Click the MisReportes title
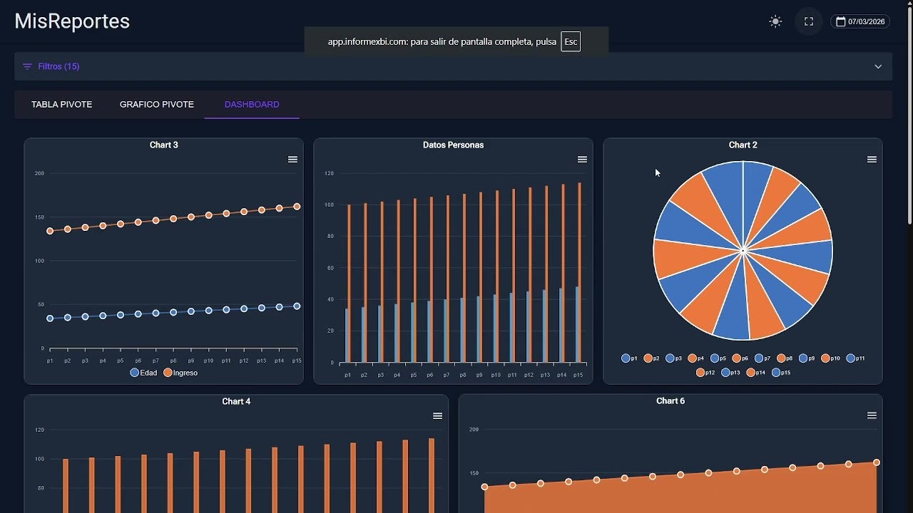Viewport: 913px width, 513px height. coord(72,21)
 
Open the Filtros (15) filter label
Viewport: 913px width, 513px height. coord(58,66)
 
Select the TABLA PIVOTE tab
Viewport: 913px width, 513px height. coord(61,104)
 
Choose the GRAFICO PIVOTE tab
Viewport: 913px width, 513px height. coord(157,104)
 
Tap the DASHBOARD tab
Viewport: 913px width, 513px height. coord(252,104)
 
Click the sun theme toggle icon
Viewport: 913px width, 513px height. coord(775,21)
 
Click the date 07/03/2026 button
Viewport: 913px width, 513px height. coord(860,21)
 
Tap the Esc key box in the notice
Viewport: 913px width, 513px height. coord(571,42)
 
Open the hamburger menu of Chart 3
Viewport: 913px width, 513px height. coord(292,160)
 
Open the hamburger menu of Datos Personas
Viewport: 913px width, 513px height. coord(582,160)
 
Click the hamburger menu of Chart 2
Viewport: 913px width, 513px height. coord(872,160)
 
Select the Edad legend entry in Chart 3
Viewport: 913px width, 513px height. coord(144,373)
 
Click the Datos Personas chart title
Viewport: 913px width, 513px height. coord(453,145)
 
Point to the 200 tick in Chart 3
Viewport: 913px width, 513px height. coord(39,173)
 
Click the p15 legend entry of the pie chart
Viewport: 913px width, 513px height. coord(781,373)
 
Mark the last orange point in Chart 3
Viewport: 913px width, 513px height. coord(297,207)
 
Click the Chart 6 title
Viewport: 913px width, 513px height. coord(670,401)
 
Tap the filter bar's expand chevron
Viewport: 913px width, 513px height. coord(878,66)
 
